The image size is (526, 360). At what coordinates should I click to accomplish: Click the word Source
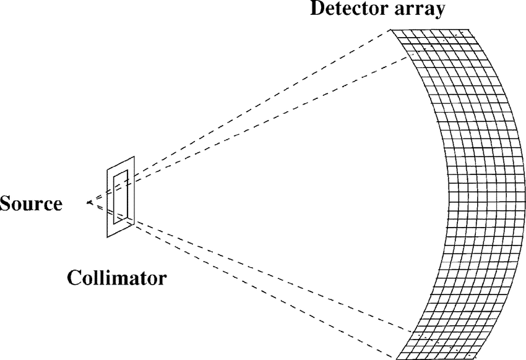[x=32, y=204]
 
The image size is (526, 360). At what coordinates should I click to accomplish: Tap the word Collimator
[x=116, y=277]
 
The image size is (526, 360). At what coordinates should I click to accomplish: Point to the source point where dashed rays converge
[x=88, y=202]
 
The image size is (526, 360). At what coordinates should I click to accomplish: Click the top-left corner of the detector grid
[x=392, y=30]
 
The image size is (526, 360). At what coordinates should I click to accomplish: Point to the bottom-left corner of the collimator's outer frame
[x=108, y=237]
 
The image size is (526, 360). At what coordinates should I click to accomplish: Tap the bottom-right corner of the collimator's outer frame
[x=134, y=220]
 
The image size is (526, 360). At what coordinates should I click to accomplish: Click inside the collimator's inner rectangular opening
[x=121, y=194]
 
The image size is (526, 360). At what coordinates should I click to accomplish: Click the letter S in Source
[x=6, y=204]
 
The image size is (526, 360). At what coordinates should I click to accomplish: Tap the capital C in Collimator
[x=73, y=277]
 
